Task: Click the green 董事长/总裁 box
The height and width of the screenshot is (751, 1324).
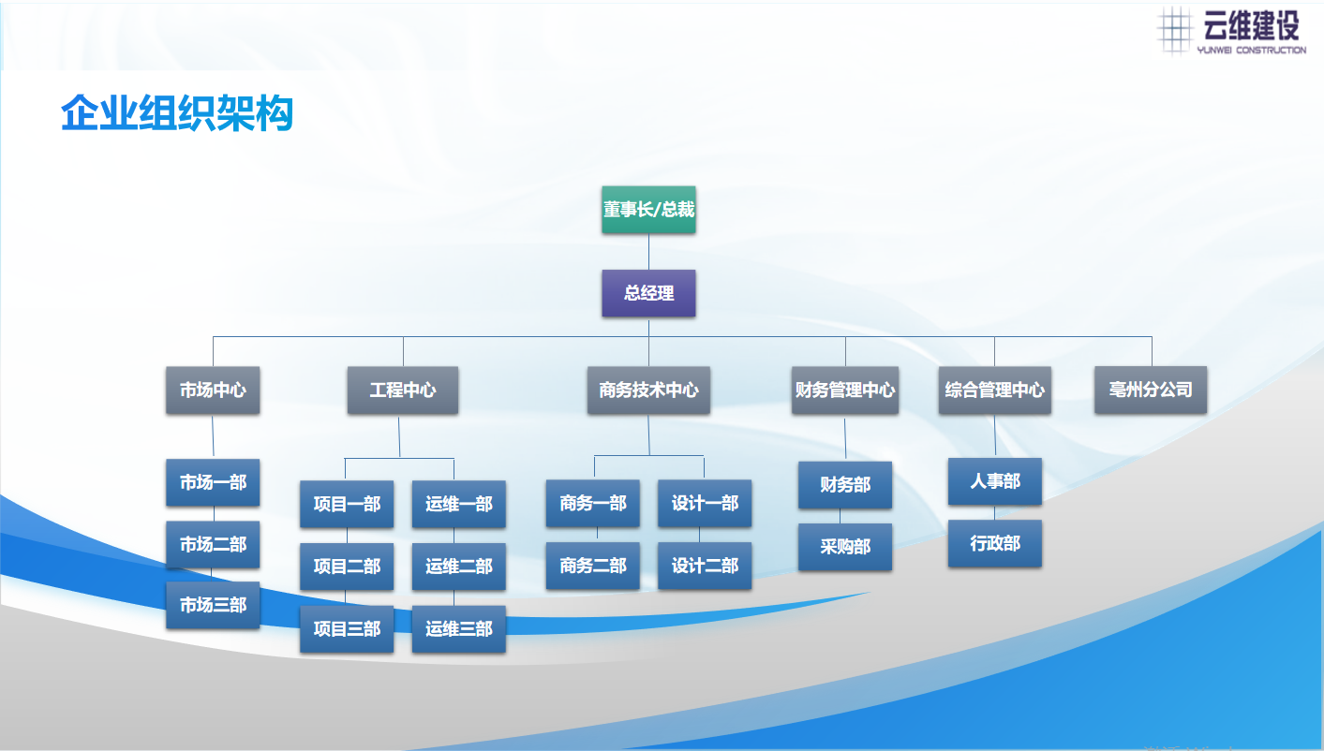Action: click(x=648, y=210)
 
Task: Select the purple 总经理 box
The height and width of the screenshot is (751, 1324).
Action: click(x=648, y=293)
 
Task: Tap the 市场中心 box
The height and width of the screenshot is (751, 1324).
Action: click(x=213, y=390)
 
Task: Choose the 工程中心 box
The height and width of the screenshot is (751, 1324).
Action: click(x=403, y=390)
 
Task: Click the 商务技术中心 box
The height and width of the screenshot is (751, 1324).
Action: click(x=648, y=390)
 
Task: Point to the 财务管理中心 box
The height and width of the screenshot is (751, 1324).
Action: click(x=845, y=390)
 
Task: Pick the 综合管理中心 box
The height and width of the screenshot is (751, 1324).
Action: click(x=995, y=390)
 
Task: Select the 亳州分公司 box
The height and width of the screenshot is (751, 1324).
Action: click(x=1151, y=390)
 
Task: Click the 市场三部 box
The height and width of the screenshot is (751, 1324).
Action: click(x=213, y=605)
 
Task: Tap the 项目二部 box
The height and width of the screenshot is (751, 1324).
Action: click(x=347, y=566)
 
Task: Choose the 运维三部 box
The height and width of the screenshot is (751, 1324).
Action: click(x=459, y=628)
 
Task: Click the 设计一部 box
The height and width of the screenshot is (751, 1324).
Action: click(x=705, y=504)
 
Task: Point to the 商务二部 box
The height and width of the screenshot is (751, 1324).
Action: click(x=593, y=566)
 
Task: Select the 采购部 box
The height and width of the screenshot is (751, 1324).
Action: click(x=845, y=547)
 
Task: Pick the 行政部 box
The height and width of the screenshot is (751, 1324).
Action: click(x=995, y=544)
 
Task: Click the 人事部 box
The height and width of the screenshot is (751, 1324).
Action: click(x=995, y=481)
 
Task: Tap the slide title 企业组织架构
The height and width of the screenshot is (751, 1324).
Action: click(x=177, y=113)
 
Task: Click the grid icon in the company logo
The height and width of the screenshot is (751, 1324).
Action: click(x=1174, y=30)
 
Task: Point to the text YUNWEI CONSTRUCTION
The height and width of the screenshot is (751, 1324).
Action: click(x=1251, y=51)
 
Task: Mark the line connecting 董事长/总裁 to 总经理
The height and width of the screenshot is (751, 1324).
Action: click(x=649, y=252)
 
